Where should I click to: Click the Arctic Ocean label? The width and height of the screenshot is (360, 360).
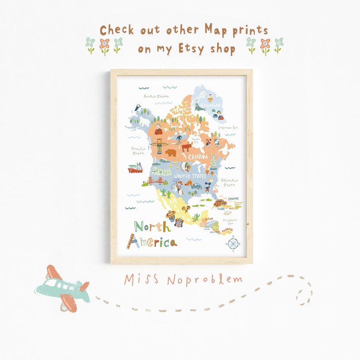click(156, 96)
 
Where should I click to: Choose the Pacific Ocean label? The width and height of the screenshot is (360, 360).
click(138, 151)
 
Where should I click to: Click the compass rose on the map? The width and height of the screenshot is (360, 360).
click(233, 244)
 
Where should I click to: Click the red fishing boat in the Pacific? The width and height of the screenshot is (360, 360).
click(136, 169)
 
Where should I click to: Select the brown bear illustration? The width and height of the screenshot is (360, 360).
click(170, 153)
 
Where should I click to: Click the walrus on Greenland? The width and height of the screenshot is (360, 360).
click(199, 108)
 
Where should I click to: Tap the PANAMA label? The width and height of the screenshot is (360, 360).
click(227, 229)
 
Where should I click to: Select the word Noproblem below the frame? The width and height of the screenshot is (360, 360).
click(204, 279)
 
